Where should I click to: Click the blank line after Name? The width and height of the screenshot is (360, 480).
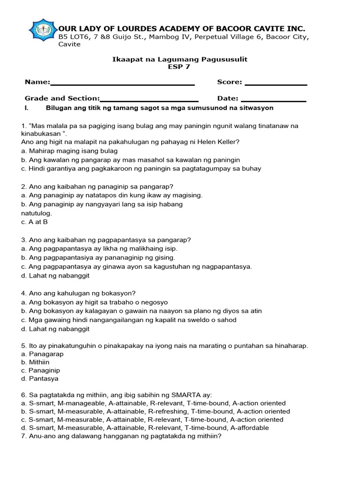click(122, 84)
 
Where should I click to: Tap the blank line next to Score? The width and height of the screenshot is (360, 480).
click(276, 84)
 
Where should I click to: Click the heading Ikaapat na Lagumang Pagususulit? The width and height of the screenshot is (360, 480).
click(180, 59)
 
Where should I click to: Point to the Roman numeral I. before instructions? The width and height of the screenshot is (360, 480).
click(27, 108)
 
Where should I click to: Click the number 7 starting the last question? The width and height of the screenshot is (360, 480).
click(23, 436)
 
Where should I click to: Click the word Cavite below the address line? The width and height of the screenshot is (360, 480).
click(69, 45)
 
